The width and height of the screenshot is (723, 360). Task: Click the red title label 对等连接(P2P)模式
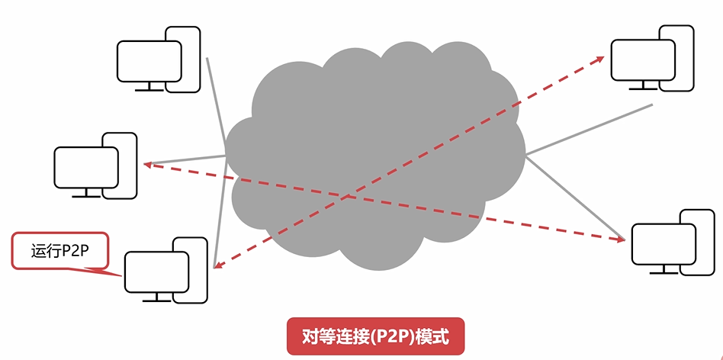click(x=374, y=336)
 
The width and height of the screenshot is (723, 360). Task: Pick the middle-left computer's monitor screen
click(x=85, y=167)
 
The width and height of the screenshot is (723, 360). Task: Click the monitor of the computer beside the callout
click(x=156, y=270)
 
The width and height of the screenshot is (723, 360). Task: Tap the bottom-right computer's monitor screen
click(x=662, y=244)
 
